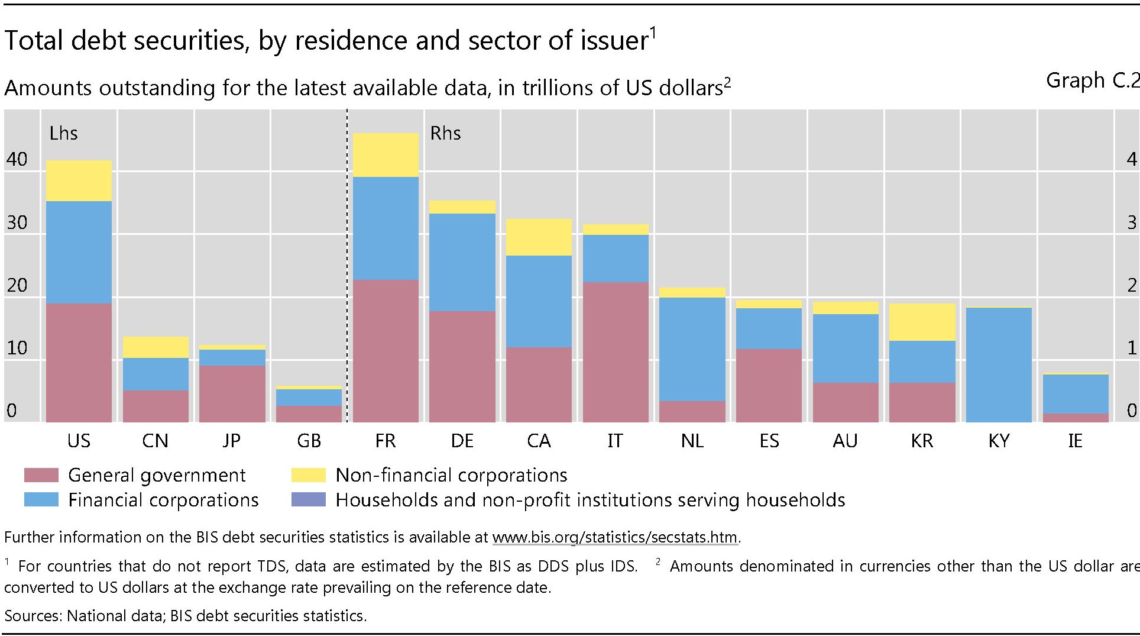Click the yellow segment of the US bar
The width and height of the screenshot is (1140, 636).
coord(79,180)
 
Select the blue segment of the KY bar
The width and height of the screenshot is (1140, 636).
coord(999,364)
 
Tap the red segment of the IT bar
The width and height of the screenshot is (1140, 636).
coord(616,351)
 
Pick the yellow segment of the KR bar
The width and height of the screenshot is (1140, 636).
coord(922,322)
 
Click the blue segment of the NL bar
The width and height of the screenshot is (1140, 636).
coord(692,349)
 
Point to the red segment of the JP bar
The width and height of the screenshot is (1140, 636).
coord(232,393)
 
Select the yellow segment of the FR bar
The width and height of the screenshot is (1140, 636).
coord(386,154)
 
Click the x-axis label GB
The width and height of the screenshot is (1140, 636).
coord(309,441)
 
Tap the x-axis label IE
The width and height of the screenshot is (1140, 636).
coord(1075,441)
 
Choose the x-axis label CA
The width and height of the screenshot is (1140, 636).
coord(539,441)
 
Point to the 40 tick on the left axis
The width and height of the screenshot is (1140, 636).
coord(17,159)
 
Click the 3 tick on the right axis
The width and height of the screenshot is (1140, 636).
coord(1132,222)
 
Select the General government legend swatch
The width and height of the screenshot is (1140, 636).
coord(41,475)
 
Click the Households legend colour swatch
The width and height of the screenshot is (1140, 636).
coord(308,500)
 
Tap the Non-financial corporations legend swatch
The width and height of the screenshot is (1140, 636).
coord(308,475)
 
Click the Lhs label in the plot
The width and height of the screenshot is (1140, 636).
coord(63,133)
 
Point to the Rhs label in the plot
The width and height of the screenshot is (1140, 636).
coord(445,133)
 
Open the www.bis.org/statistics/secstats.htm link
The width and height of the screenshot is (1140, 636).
coord(615,537)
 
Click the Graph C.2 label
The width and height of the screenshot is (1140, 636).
coord(1092,80)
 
